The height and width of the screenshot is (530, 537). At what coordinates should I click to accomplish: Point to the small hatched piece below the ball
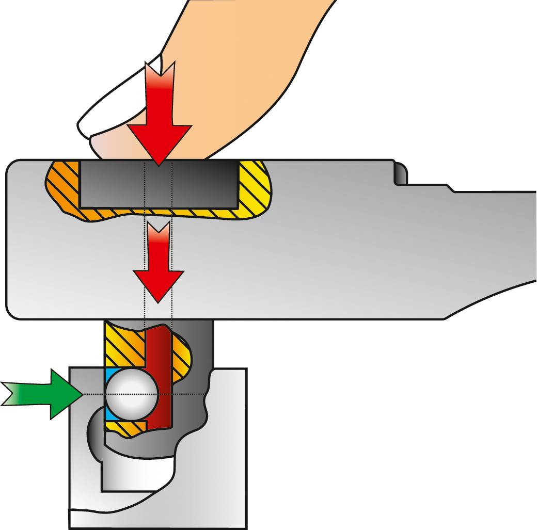point(127,426)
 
